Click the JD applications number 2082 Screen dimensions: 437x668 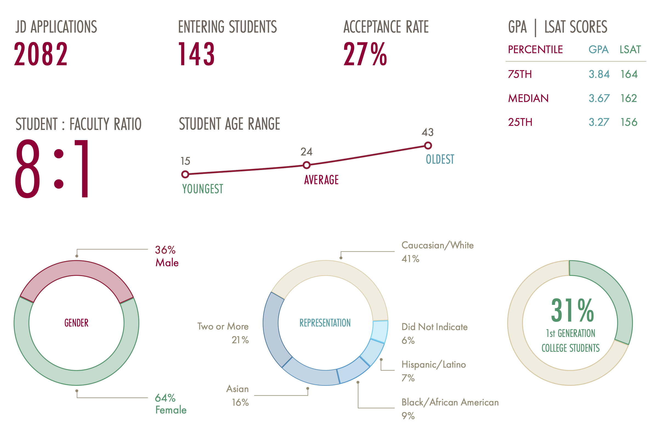coord(41,54)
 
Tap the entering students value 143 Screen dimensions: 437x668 coord(196,54)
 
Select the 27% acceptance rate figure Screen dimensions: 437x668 coord(365,54)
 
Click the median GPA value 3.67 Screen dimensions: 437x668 coord(599,98)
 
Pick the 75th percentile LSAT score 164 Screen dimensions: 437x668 coord(629,74)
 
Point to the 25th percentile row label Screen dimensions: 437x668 coord(520,122)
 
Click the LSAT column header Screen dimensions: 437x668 coord(630,50)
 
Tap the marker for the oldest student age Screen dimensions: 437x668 coord(428,145)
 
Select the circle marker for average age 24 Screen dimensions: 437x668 coord(307,165)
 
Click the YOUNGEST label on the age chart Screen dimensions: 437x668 coord(202,189)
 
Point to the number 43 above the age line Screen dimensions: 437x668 coord(428,132)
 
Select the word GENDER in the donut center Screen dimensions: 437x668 coord(76,323)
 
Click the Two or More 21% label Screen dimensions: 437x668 coord(223,333)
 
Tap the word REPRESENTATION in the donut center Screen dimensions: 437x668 coord(325,323)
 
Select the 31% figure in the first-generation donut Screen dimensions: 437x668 coord(572,310)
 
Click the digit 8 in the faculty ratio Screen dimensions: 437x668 coord(27,168)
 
